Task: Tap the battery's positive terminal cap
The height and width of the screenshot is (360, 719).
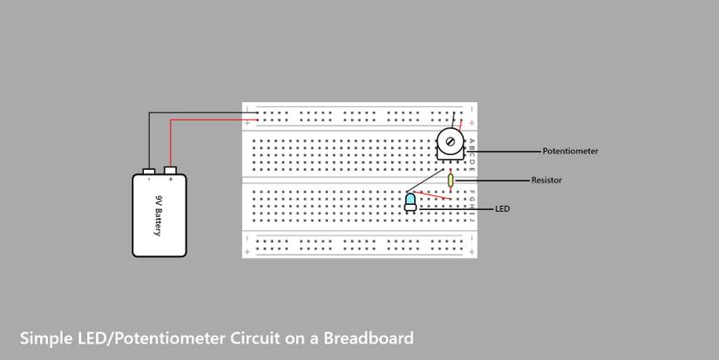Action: coord(170,169)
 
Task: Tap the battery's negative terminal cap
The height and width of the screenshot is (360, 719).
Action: coord(149,169)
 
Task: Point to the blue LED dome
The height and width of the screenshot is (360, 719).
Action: coord(410,200)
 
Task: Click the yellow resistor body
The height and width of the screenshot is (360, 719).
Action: coord(451,180)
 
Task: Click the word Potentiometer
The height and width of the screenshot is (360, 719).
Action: coord(570,152)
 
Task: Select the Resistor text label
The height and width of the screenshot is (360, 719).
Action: coord(546,180)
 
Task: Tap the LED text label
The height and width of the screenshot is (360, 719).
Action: coord(502,209)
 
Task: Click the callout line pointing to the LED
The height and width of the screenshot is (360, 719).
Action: coord(453,209)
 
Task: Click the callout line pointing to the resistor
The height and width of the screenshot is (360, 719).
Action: coord(492,180)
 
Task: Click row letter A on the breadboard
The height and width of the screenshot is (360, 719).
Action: coord(471,139)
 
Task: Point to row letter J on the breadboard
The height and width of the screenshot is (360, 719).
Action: coord(471,221)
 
